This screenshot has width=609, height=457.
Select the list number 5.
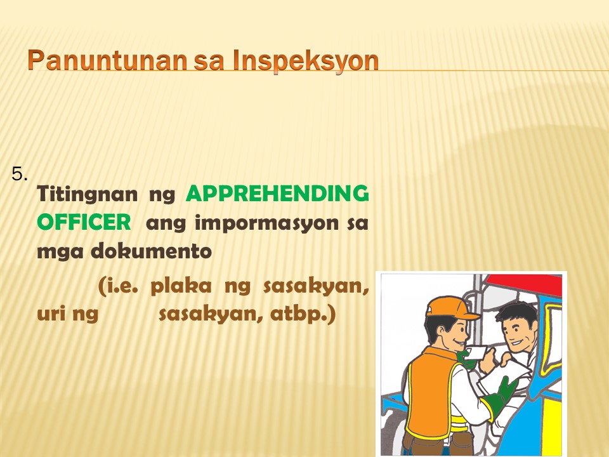coord(20,174)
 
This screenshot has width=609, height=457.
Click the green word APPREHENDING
coord(277,194)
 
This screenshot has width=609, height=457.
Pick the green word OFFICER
coord(84,222)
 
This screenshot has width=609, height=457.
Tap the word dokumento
coord(152,251)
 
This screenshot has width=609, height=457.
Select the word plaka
coord(181,286)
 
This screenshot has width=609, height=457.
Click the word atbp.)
coord(303,315)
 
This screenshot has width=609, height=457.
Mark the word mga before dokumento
coord(60,252)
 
